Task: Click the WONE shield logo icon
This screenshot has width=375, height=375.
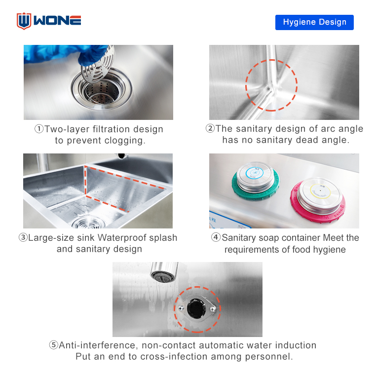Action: tap(24, 21)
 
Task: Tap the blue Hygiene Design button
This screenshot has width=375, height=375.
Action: tap(314, 22)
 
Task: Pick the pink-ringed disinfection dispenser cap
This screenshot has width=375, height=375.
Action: tap(318, 200)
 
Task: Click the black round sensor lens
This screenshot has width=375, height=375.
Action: tap(196, 309)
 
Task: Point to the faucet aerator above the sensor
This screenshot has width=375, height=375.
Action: tap(164, 272)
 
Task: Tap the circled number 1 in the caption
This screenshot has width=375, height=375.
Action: tap(39, 129)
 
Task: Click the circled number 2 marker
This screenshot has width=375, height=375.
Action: tap(210, 128)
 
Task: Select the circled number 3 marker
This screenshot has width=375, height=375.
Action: tap(23, 237)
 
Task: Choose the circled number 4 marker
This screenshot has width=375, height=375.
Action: tap(216, 237)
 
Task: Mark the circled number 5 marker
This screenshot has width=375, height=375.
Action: tap(54, 345)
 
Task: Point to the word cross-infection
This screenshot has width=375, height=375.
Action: tap(174, 356)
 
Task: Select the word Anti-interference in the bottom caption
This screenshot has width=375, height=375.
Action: tap(98, 345)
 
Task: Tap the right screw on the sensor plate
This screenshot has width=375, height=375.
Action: tap(213, 309)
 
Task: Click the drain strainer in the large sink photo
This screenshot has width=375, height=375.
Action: tap(88, 223)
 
